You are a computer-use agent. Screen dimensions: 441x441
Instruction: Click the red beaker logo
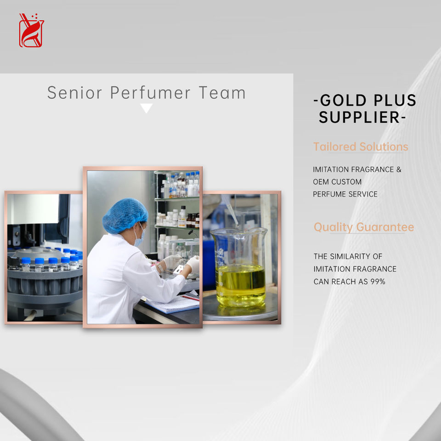pos(32,30)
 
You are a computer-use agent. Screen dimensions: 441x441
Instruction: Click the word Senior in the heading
pos(74,93)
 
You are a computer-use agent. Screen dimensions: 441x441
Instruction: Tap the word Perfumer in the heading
pos(150,92)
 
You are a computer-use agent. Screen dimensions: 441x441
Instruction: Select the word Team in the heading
pos(222,93)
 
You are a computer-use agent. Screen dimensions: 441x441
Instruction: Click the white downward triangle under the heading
pos(146,107)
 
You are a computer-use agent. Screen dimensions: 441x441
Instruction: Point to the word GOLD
pos(343,100)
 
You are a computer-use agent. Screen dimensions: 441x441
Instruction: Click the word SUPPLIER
pos(359,117)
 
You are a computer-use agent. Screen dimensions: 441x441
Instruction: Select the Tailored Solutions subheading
pos(361,147)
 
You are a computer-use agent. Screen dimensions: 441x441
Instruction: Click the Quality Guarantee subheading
pos(364,227)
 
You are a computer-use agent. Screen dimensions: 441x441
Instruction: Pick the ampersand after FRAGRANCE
pos(399,170)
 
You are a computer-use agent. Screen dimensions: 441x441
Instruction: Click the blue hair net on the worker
pos(125,215)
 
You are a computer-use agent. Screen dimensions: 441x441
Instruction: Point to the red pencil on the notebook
pos(190,298)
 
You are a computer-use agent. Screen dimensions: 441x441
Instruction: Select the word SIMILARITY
pos(350,256)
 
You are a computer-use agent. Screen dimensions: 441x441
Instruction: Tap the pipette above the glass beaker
pos(230,210)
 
